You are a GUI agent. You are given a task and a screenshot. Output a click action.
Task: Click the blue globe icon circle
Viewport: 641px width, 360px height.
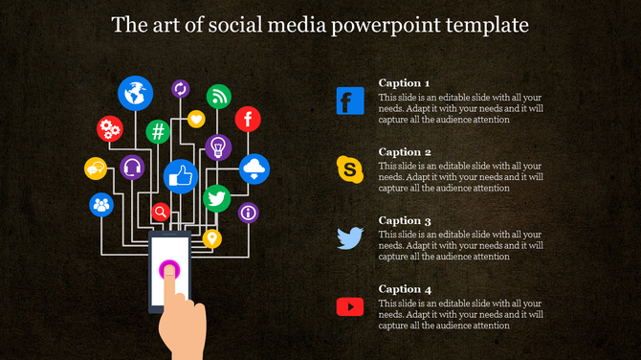pyautogui.click(x=135, y=93)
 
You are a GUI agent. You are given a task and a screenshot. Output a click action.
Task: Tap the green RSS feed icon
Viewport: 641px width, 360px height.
pyautogui.click(x=220, y=96)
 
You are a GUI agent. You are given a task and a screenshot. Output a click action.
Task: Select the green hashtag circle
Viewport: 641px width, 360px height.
pyautogui.click(x=158, y=131)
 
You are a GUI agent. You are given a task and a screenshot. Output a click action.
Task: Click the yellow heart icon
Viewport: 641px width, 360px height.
pyautogui.click(x=196, y=120)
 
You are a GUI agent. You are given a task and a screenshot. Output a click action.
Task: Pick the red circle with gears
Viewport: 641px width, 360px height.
pyautogui.click(x=110, y=128)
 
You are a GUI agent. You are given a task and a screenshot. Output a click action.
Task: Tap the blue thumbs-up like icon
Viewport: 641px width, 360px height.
pyautogui.click(x=180, y=176)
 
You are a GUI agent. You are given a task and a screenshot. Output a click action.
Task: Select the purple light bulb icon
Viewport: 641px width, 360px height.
pyautogui.click(x=218, y=146)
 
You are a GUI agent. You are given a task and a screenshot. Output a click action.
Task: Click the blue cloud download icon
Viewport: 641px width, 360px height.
pyautogui.click(x=254, y=169)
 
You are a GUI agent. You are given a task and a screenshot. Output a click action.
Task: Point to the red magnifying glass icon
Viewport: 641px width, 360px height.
pyautogui.click(x=162, y=212)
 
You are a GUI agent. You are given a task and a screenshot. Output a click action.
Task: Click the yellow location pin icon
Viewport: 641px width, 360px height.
pyautogui.click(x=211, y=237)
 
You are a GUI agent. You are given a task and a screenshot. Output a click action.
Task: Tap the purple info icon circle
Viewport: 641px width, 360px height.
pyautogui.click(x=248, y=212)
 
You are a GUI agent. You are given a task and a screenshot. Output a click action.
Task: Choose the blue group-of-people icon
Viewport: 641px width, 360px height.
pyautogui.click(x=100, y=204)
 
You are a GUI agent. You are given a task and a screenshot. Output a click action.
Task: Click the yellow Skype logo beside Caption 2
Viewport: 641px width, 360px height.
pyautogui.click(x=350, y=169)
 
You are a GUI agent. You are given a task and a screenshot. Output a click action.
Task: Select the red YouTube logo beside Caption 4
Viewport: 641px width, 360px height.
pyautogui.click(x=350, y=306)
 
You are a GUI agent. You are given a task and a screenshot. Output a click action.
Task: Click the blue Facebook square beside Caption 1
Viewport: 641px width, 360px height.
pyautogui.click(x=350, y=101)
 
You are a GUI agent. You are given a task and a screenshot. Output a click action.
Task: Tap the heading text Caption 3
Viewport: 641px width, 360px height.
pyautogui.click(x=405, y=220)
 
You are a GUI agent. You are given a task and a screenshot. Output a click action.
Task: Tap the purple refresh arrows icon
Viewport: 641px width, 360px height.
pyautogui.click(x=180, y=89)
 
